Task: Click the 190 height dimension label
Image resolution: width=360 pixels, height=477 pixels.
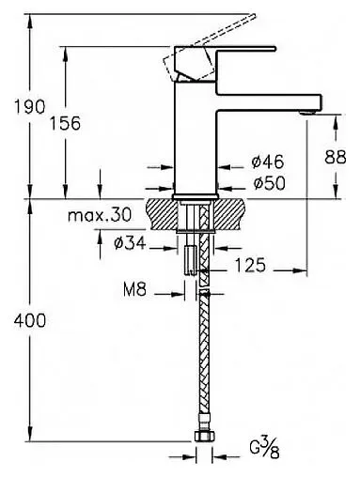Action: (30, 107)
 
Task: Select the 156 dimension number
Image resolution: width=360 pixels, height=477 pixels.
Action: (66, 123)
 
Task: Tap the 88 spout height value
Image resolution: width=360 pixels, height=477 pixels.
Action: (336, 157)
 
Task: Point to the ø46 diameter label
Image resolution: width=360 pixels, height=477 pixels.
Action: (268, 162)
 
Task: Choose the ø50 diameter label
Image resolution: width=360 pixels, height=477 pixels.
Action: (270, 183)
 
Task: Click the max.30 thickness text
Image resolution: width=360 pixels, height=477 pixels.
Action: (100, 215)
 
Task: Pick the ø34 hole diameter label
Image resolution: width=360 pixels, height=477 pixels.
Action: (130, 243)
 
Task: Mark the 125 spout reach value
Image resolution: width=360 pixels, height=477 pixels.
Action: (250, 265)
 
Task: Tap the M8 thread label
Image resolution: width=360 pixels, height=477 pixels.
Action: (134, 290)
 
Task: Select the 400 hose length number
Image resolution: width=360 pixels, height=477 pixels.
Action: (30, 321)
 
